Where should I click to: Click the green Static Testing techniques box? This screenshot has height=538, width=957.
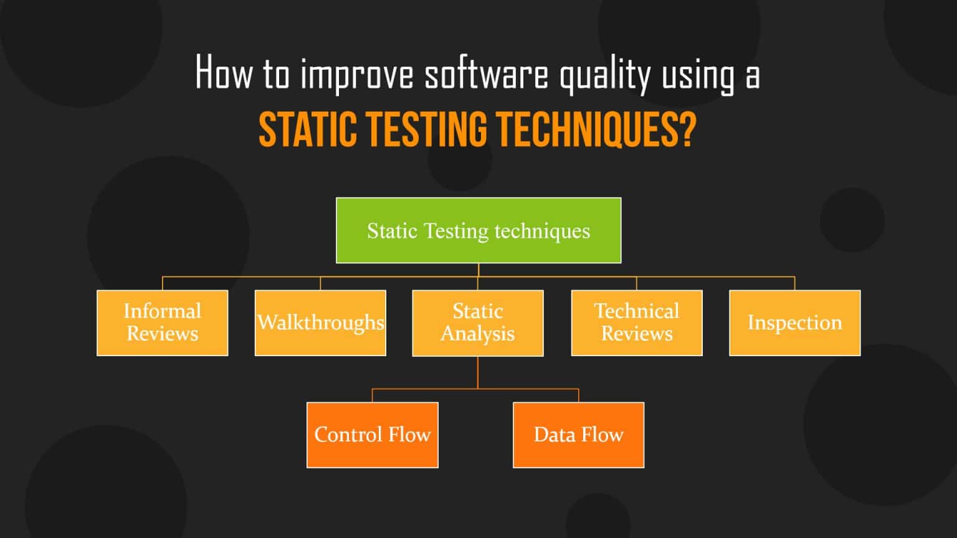478,230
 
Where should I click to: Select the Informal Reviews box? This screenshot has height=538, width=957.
163,323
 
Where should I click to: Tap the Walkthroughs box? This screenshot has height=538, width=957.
320,323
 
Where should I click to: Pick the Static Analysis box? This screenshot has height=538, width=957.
478,323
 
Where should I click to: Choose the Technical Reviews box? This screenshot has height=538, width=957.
637,323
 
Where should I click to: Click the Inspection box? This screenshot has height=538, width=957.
794,323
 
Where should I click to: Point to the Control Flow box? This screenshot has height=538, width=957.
373,435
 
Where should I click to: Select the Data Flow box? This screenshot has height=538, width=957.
578,435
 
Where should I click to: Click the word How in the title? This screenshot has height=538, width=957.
224,73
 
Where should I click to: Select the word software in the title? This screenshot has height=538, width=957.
486,73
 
